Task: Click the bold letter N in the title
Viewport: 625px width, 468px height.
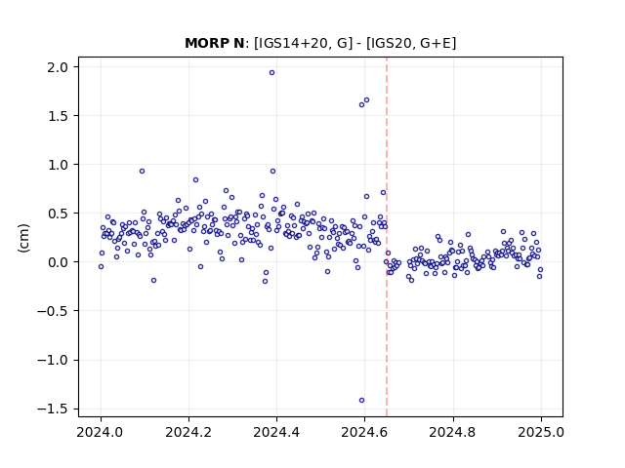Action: (239, 43)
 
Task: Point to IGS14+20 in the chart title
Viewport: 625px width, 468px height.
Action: (293, 43)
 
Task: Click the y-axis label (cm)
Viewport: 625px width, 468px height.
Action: (23, 238)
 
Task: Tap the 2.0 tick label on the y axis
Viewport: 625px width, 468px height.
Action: (58, 67)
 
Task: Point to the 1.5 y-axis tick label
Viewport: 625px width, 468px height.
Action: (58, 116)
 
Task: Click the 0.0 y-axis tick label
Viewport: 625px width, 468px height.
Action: (58, 262)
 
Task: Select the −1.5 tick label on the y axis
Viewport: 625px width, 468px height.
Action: (53, 409)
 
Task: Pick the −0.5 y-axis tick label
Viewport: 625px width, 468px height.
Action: (53, 311)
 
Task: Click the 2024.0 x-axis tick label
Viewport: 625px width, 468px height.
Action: (101, 432)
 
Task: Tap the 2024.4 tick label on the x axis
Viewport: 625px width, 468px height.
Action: (276, 432)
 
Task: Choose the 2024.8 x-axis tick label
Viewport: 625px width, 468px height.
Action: (452, 432)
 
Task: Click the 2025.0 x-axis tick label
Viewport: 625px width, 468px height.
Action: (541, 432)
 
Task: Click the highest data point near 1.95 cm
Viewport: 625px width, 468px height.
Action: (271, 73)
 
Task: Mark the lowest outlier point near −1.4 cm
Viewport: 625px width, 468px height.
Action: (361, 401)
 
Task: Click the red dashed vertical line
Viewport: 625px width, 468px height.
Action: (387, 237)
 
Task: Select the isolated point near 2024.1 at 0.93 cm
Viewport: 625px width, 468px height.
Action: (142, 172)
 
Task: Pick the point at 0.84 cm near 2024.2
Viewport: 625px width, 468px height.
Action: (195, 179)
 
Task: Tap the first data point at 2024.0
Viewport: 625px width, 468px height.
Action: (101, 266)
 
